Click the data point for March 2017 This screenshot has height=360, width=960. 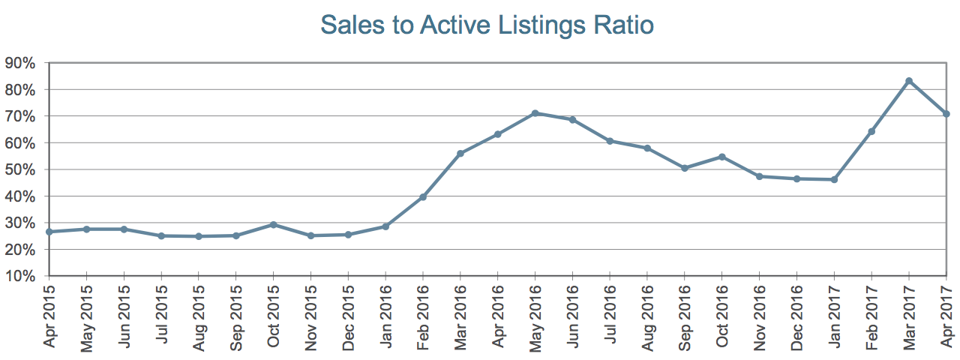[908, 81]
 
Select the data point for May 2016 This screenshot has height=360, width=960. [535, 113]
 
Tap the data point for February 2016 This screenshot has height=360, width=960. [423, 197]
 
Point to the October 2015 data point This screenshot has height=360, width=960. [274, 224]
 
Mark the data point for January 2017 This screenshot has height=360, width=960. [834, 179]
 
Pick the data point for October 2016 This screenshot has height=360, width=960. [721, 157]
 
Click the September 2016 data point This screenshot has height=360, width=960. [685, 169]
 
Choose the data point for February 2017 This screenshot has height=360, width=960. [871, 131]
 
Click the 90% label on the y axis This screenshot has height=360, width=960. [20, 64]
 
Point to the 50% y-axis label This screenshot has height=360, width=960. [20, 169]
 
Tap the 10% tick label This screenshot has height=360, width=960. [20, 276]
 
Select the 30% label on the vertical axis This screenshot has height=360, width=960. [20, 223]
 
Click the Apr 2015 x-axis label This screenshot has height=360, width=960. [49, 316]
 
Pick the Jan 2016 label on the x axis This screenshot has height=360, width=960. [386, 316]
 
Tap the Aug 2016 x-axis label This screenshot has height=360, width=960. [647, 317]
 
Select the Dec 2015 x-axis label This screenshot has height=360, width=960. [349, 317]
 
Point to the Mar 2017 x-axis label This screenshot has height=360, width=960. [909, 317]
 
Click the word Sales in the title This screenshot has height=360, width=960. [352, 25]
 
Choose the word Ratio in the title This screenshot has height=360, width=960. [624, 25]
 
